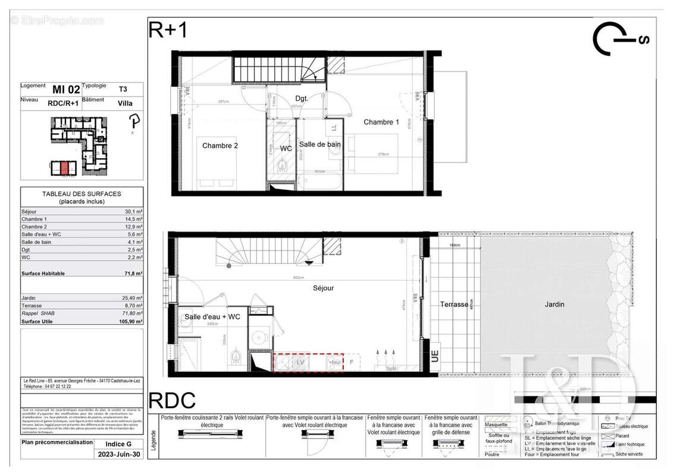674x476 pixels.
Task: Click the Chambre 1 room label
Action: (381, 122)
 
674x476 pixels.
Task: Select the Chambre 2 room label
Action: (220, 146)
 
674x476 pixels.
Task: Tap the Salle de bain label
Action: (320, 144)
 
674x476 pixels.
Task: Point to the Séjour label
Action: (324, 288)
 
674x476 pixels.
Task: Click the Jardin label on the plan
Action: (554, 305)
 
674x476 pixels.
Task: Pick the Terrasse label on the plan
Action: (454, 305)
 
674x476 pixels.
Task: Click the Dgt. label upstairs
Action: (301, 98)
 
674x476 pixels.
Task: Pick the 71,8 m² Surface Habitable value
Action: (134, 274)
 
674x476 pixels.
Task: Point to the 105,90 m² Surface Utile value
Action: (131, 321)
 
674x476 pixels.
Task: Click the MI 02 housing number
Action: (66, 90)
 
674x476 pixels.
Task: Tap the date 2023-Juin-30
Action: (120, 454)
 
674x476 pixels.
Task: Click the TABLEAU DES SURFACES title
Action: (81, 194)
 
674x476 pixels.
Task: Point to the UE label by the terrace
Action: (435, 357)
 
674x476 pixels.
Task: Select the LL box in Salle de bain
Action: (334, 127)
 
